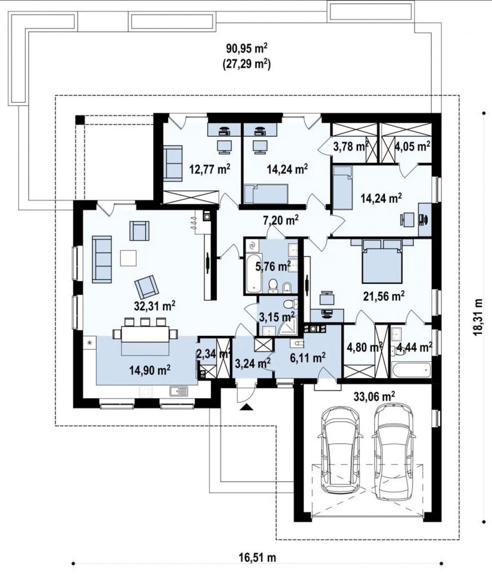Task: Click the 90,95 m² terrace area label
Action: (x=247, y=49)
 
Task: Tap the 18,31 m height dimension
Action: (x=478, y=317)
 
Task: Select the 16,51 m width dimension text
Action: (x=257, y=557)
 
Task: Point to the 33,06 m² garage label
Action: (x=374, y=396)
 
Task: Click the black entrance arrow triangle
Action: (x=247, y=407)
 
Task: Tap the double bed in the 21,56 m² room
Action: (x=381, y=261)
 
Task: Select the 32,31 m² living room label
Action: (x=154, y=305)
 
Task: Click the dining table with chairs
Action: (x=145, y=333)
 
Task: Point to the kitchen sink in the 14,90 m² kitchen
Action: (x=178, y=391)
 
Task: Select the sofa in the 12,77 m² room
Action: (x=172, y=163)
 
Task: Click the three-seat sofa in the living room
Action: (x=102, y=259)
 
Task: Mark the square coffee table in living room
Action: (x=128, y=258)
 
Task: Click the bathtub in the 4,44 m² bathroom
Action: (x=411, y=370)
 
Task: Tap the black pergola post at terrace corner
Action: (x=80, y=119)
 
